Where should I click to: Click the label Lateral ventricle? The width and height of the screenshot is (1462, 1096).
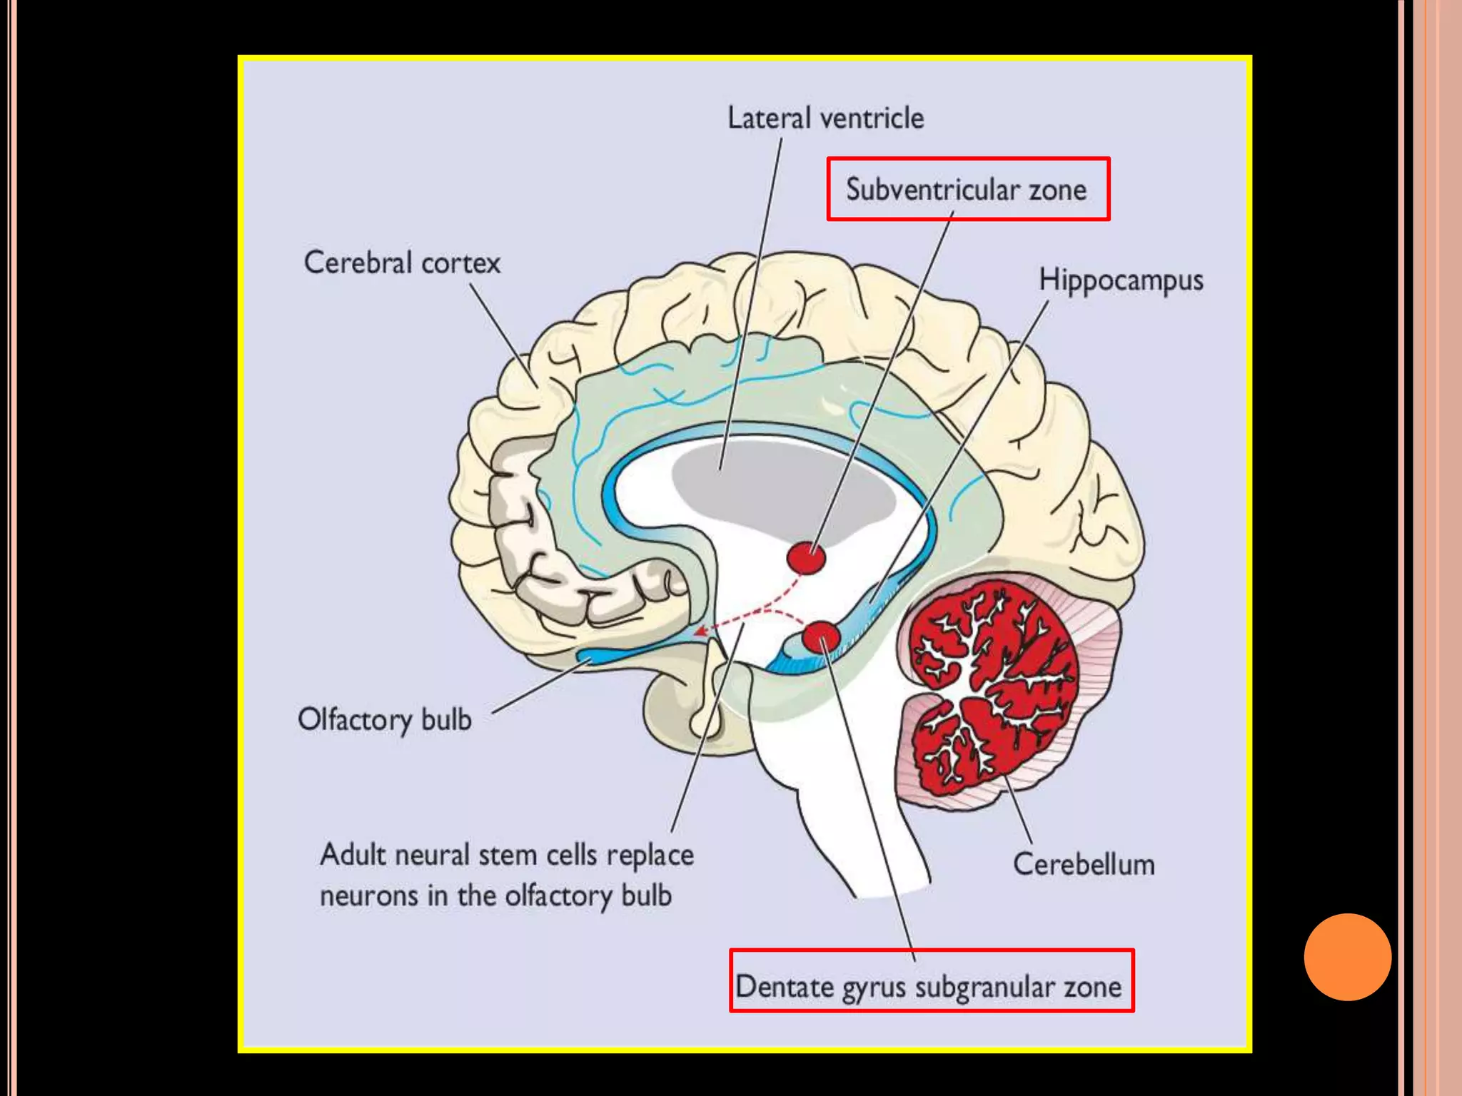[x=825, y=118]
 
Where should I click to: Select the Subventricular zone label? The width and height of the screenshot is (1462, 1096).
[x=967, y=190]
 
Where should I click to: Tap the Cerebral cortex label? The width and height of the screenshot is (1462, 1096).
[x=402, y=263]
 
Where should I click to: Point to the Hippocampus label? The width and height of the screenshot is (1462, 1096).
[x=1121, y=280]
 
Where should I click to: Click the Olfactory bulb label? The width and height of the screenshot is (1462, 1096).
[x=385, y=720]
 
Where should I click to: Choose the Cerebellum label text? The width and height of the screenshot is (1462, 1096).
[x=1084, y=865]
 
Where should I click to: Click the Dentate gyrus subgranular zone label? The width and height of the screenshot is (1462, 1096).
[x=929, y=988]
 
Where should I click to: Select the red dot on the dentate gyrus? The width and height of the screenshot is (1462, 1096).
[x=820, y=637]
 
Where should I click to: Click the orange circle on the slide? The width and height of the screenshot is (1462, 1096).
[x=1347, y=957]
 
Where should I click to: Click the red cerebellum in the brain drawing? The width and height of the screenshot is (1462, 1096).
[x=992, y=685]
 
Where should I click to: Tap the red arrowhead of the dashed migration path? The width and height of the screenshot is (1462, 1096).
[x=702, y=631]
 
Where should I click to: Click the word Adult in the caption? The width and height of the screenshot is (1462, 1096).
[x=354, y=855]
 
